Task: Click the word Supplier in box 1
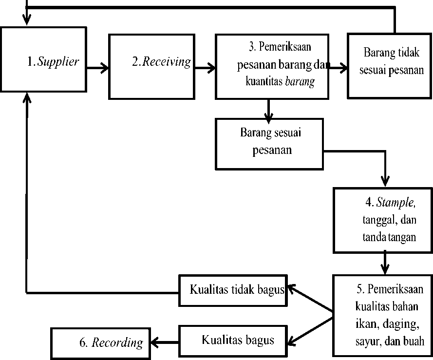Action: pos(58,62)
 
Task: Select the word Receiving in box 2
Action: pos(167,62)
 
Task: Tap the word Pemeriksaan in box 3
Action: pos(285,47)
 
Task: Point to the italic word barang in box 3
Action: pos(300,82)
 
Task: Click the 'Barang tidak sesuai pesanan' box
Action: pos(389,66)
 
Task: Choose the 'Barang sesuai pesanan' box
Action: pos(269,144)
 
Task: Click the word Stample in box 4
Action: pos(395,203)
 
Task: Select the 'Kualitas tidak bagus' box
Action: pos(233,290)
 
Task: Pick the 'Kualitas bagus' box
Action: pos(233,341)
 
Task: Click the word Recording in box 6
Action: pos(117,342)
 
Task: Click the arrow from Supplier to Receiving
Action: pos(97,68)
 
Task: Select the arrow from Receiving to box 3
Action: pos(205,68)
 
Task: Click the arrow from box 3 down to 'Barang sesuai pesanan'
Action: pos(268,109)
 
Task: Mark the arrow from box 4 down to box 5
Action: pos(385,263)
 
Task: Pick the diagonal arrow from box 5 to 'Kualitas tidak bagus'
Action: pos(310,299)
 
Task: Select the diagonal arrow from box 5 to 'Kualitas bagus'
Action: pos(310,332)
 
